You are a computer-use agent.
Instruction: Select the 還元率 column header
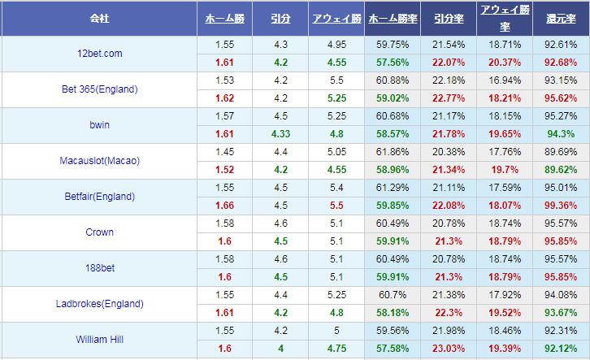click(561, 18)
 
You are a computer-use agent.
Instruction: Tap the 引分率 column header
click(449, 18)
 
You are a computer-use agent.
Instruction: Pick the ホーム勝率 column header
click(393, 18)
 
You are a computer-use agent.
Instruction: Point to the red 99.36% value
click(561, 206)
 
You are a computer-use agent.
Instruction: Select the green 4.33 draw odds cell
click(280, 134)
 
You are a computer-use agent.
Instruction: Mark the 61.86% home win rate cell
click(393, 152)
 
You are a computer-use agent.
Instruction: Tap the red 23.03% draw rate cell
click(449, 349)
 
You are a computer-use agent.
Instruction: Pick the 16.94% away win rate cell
click(505, 80)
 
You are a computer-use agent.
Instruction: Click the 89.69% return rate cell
click(561, 152)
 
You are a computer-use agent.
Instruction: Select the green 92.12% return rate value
click(561, 349)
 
